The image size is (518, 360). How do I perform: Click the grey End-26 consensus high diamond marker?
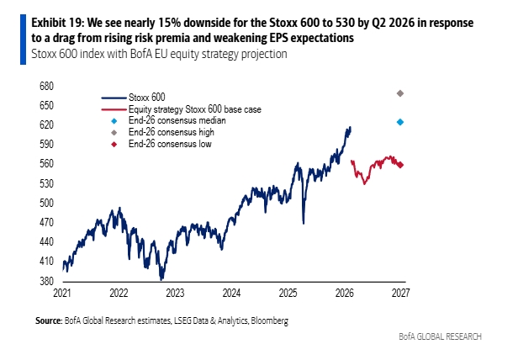400,93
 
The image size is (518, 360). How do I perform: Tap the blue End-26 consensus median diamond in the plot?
400,123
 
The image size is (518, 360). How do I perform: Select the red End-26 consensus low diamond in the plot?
400,165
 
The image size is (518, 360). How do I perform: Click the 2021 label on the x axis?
62,294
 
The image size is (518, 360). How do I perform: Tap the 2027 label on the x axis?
400,294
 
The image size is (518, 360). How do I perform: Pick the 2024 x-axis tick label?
231,294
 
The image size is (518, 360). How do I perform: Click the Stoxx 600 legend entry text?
147,98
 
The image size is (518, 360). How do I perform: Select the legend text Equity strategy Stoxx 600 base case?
182,110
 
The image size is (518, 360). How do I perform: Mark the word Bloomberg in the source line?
267,320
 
